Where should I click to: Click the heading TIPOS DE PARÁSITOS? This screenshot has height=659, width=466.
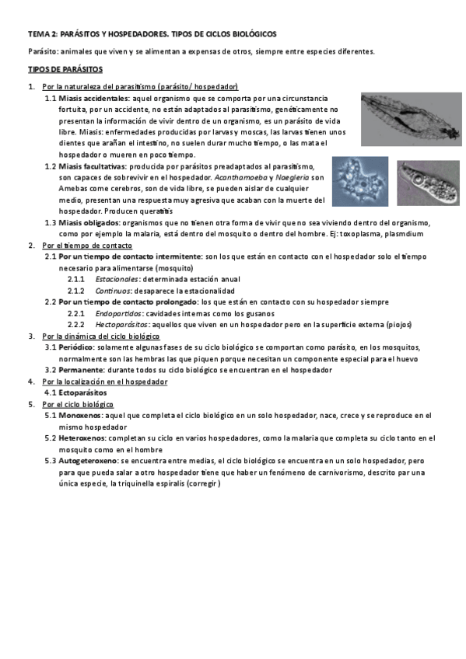(59, 69)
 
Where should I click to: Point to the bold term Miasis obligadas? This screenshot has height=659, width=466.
(89, 222)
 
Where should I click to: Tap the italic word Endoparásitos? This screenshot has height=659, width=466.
(119, 313)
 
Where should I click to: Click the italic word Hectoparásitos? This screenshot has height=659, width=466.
(120, 324)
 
